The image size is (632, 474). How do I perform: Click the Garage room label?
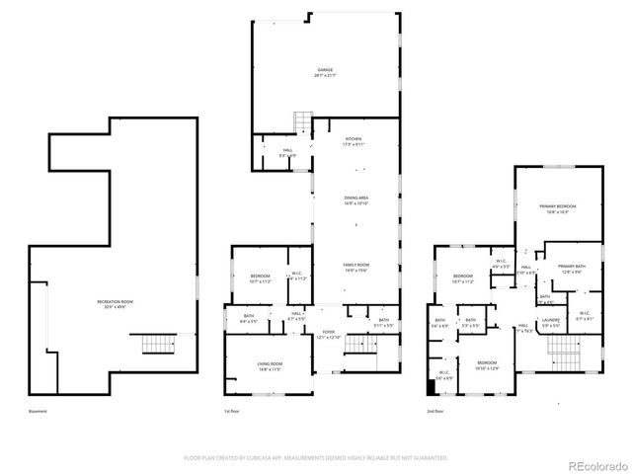324,72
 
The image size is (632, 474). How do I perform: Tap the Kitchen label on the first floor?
353,141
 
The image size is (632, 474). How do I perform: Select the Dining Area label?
355,200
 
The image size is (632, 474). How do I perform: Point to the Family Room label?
355,267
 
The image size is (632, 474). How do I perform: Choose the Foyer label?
328,334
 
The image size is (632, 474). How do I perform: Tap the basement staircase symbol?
157,345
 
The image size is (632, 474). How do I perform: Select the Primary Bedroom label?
557,208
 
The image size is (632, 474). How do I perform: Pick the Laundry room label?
551,321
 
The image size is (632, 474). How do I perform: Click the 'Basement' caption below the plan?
37,411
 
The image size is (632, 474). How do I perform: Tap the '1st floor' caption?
232,411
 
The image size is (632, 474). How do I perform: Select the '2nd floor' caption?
434,411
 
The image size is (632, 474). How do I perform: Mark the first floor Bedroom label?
261,277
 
